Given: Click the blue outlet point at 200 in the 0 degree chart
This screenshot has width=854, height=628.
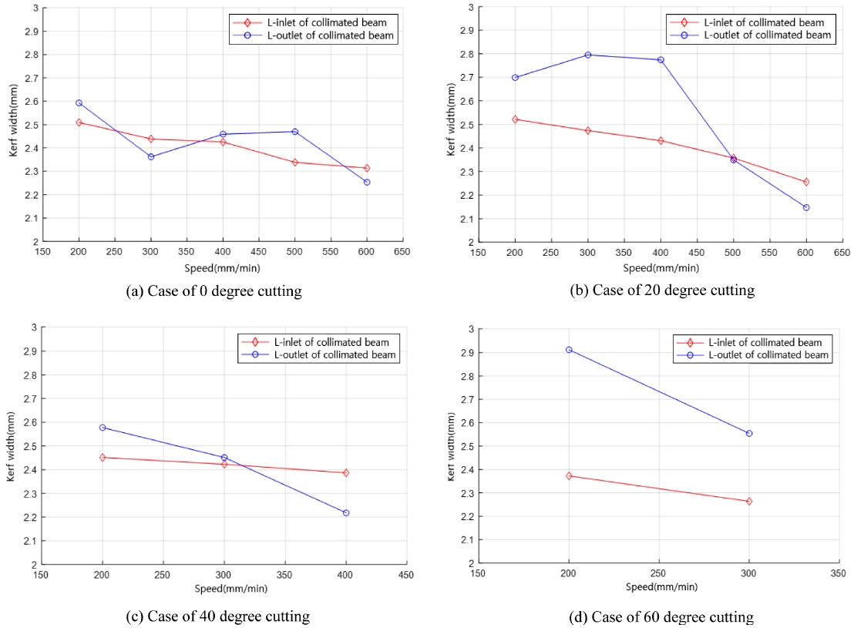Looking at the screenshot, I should (79, 102).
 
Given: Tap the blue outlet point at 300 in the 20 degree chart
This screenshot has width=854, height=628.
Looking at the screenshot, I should (588, 55).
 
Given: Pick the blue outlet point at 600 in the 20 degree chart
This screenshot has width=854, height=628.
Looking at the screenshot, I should (806, 207).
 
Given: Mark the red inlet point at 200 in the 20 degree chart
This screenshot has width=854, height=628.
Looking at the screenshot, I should (515, 119).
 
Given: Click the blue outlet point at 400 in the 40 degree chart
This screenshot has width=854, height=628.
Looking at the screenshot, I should (346, 512).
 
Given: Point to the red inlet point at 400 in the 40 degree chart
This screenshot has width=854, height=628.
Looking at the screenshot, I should (346, 472).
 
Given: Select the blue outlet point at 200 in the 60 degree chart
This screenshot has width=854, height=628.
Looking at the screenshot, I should (569, 350).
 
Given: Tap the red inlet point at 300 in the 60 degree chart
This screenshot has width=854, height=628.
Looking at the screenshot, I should (748, 501).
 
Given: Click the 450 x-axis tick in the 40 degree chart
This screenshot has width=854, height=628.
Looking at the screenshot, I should (406, 575).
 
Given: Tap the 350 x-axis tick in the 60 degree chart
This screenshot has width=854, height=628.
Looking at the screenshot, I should (839, 574).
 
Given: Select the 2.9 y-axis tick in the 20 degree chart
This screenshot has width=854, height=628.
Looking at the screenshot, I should (467, 30).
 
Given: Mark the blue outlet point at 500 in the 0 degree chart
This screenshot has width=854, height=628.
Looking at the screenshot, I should (294, 132).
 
